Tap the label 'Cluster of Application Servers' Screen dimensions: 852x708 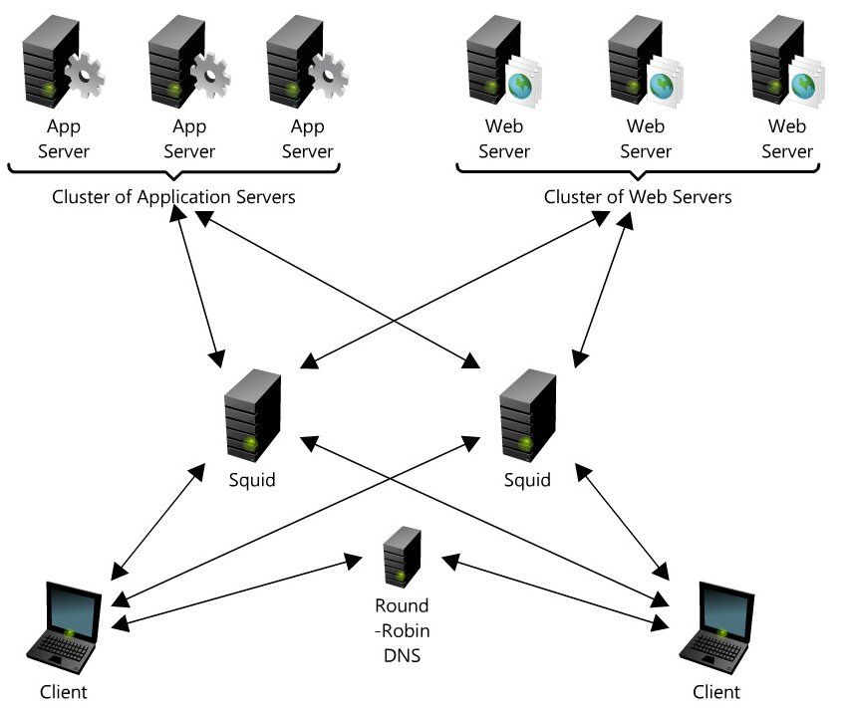click(x=173, y=196)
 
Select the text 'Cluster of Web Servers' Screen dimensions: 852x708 click(x=638, y=196)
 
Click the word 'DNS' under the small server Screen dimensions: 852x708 click(x=403, y=655)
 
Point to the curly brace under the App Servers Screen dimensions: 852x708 click(x=173, y=170)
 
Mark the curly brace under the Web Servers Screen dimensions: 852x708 click(x=638, y=170)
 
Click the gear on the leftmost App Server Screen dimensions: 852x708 click(x=85, y=75)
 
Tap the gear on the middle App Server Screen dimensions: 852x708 click(x=209, y=75)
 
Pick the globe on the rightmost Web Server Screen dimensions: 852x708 click(x=803, y=87)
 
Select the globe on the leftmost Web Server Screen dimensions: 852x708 click(x=520, y=87)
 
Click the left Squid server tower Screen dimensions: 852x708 click(x=253, y=415)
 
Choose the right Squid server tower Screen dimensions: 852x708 click(x=527, y=415)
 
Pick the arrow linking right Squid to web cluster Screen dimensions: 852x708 click(x=603, y=290)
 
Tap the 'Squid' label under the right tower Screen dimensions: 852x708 click(x=527, y=480)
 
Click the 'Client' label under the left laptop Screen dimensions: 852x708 click(x=64, y=692)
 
